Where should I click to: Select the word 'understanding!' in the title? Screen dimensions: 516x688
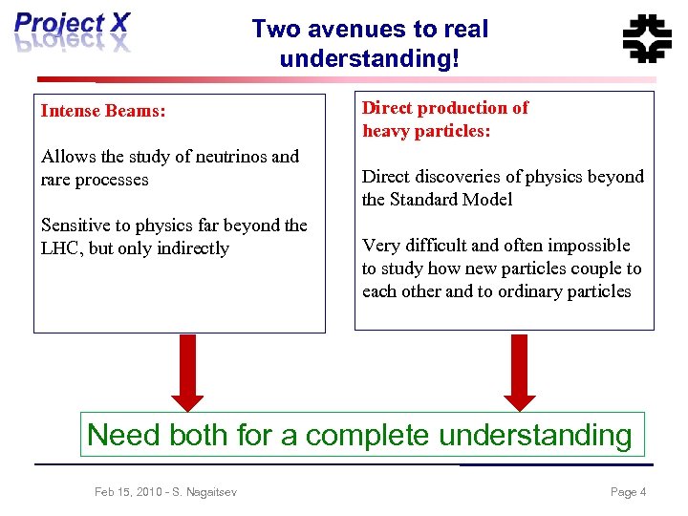(x=370, y=58)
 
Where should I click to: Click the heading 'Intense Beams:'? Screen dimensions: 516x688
(x=103, y=111)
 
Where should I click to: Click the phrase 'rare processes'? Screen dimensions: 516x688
(x=95, y=180)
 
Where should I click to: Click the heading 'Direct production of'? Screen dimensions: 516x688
(x=444, y=108)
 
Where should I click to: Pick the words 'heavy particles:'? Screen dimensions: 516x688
(x=426, y=131)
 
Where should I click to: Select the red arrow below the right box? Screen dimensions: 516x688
(x=520, y=371)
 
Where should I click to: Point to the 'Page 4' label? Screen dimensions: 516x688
(x=628, y=492)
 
